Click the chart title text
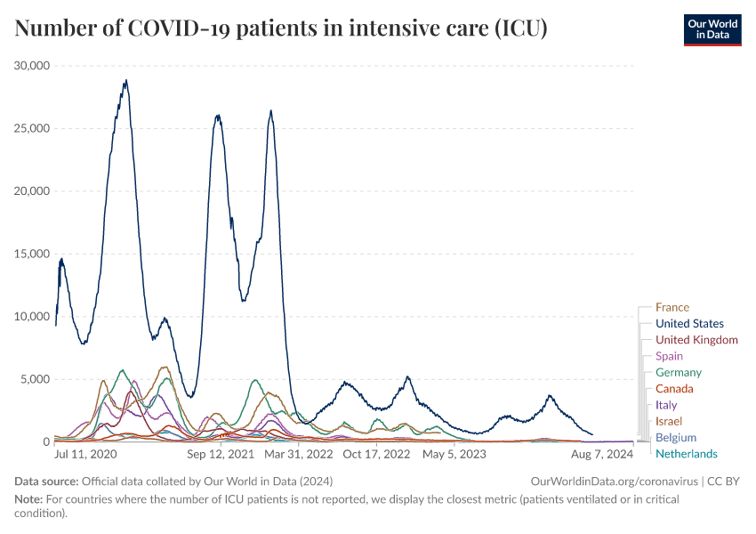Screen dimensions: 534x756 pyautogui.click(x=281, y=29)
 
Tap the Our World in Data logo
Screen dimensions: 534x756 pyautogui.click(x=712, y=29)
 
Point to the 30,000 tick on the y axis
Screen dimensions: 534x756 pyautogui.click(x=33, y=66)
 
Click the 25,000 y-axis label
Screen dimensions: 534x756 pyautogui.click(x=33, y=128)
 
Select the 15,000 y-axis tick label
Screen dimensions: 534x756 pyautogui.click(x=33, y=254)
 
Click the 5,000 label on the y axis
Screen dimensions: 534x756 pyautogui.click(x=36, y=379)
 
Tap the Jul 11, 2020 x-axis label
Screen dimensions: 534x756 pyautogui.click(x=85, y=454)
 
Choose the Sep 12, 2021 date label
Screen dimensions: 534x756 pyautogui.click(x=220, y=454)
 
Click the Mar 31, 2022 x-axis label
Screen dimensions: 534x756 pyautogui.click(x=298, y=454)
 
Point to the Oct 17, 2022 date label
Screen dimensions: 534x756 pyautogui.click(x=376, y=454)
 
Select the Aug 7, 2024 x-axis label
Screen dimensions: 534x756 pyautogui.click(x=601, y=454)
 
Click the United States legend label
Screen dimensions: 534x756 pyautogui.click(x=689, y=324)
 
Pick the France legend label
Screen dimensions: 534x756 pyautogui.click(x=672, y=308)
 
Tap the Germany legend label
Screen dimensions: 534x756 pyautogui.click(x=679, y=373)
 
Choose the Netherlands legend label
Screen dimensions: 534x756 pyautogui.click(x=686, y=454)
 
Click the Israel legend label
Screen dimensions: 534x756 pyautogui.click(x=670, y=421)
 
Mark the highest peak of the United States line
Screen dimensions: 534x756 pyautogui.click(x=126, y=81)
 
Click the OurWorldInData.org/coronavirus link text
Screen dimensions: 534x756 pyautogui.click(x=612, y=481)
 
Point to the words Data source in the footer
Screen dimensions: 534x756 pyautogui.click(x=45, y=481)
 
